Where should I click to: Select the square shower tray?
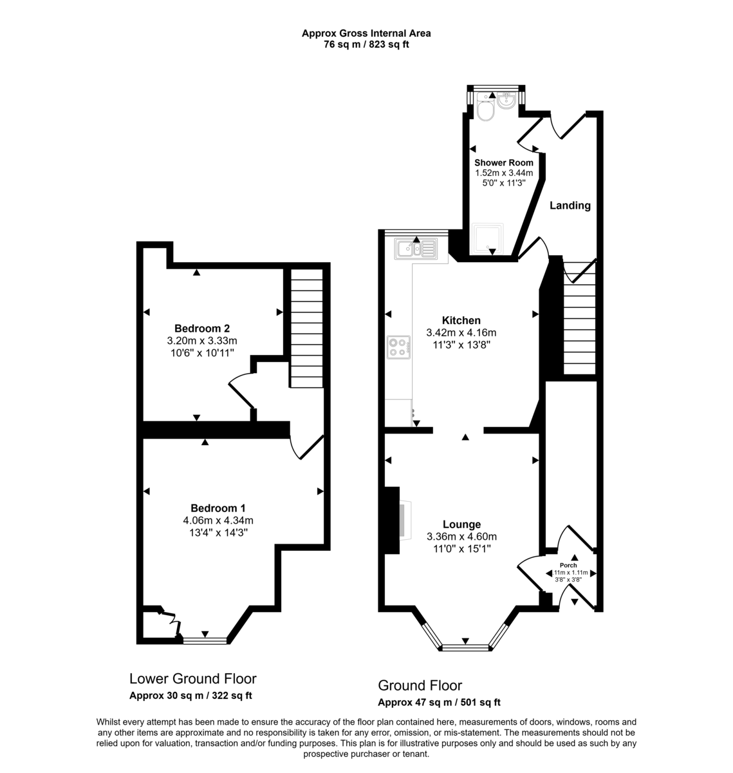(x=488, y=239)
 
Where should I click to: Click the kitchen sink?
(x=416, y=249)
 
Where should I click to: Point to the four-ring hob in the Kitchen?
(x=399, y=347)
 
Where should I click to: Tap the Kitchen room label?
(x=461, y=320)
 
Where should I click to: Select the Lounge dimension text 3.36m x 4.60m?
(x=461, y=537)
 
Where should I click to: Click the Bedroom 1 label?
(x=218, y=508)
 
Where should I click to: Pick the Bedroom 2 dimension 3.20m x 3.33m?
(x=202, y=340)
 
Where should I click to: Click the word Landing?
(x=570, y=205)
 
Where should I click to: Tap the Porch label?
(x=568, y=565)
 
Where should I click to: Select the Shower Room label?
(x=504, y=162)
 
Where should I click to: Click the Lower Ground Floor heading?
(x=193, y=678)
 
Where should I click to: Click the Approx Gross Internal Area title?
(x=366, y=33)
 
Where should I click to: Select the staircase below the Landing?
(x=580, y=318)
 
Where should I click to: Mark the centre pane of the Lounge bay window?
(x=465, y=647)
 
